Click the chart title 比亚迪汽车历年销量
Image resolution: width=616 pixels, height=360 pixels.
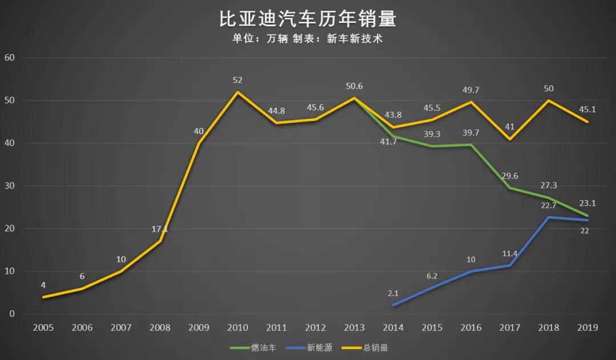(x=307, y=19)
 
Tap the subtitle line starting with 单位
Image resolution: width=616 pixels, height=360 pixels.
(x=307, y=39)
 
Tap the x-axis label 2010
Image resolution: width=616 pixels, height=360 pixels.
(x=237, y=327)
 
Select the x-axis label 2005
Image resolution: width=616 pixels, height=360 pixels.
(x=43, y=327)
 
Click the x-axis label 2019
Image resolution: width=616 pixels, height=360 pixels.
(x=587, y=327)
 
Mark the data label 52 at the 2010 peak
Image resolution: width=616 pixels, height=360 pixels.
(x=237, y=80)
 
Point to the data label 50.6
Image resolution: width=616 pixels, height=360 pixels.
(x=354, y=86)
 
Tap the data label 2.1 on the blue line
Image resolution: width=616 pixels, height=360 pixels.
(x=393, y=294)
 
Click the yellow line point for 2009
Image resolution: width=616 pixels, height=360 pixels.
(x=198, y=143)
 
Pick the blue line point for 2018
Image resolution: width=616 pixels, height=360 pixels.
(x=548, y=217)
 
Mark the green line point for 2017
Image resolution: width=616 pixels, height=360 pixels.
(x=509, y=188)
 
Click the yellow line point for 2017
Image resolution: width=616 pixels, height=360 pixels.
(x=509, y=139)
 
